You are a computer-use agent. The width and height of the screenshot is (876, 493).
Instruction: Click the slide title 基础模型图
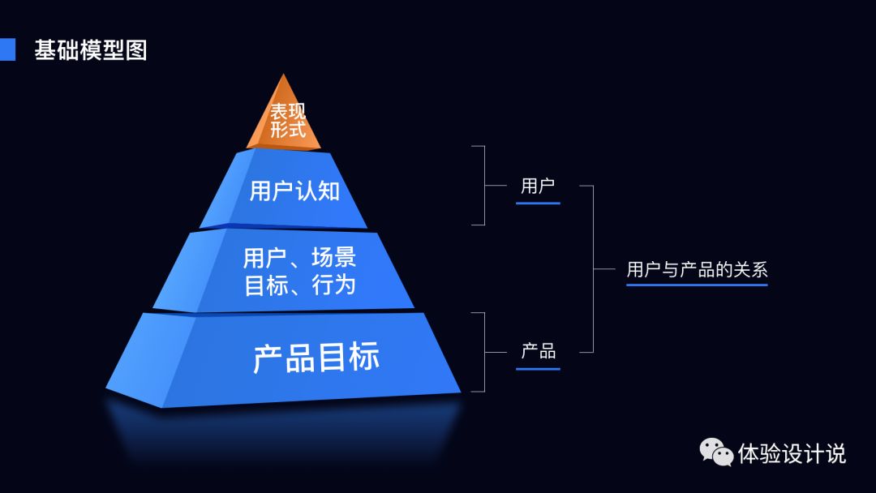tap(90, 50)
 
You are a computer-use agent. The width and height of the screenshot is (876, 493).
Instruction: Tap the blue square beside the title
tap(7, 49)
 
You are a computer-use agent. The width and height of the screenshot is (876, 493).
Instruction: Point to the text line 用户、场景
tap(299, 259)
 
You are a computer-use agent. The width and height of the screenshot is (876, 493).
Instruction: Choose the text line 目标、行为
tap(299, 285)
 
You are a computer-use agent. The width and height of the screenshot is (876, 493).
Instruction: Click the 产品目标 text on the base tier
tap(316, 358)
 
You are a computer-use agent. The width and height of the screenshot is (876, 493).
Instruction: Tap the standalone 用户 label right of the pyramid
tap(538, 186)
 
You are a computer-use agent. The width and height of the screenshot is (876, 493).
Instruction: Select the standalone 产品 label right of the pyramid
tap(538, 351)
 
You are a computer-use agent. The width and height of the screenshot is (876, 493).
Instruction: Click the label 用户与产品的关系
tap(696, 269)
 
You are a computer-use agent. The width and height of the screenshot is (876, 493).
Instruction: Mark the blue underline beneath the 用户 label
tap(538, 203)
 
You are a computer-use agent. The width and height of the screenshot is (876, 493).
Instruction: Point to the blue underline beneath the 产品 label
tap(538, 369)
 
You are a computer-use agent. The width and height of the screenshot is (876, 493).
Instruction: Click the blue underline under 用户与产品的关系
tap(696, 285)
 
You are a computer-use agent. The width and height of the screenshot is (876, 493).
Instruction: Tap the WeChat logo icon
tap(716, 452)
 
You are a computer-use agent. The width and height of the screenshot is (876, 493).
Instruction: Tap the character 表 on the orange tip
tap(279, 111)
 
